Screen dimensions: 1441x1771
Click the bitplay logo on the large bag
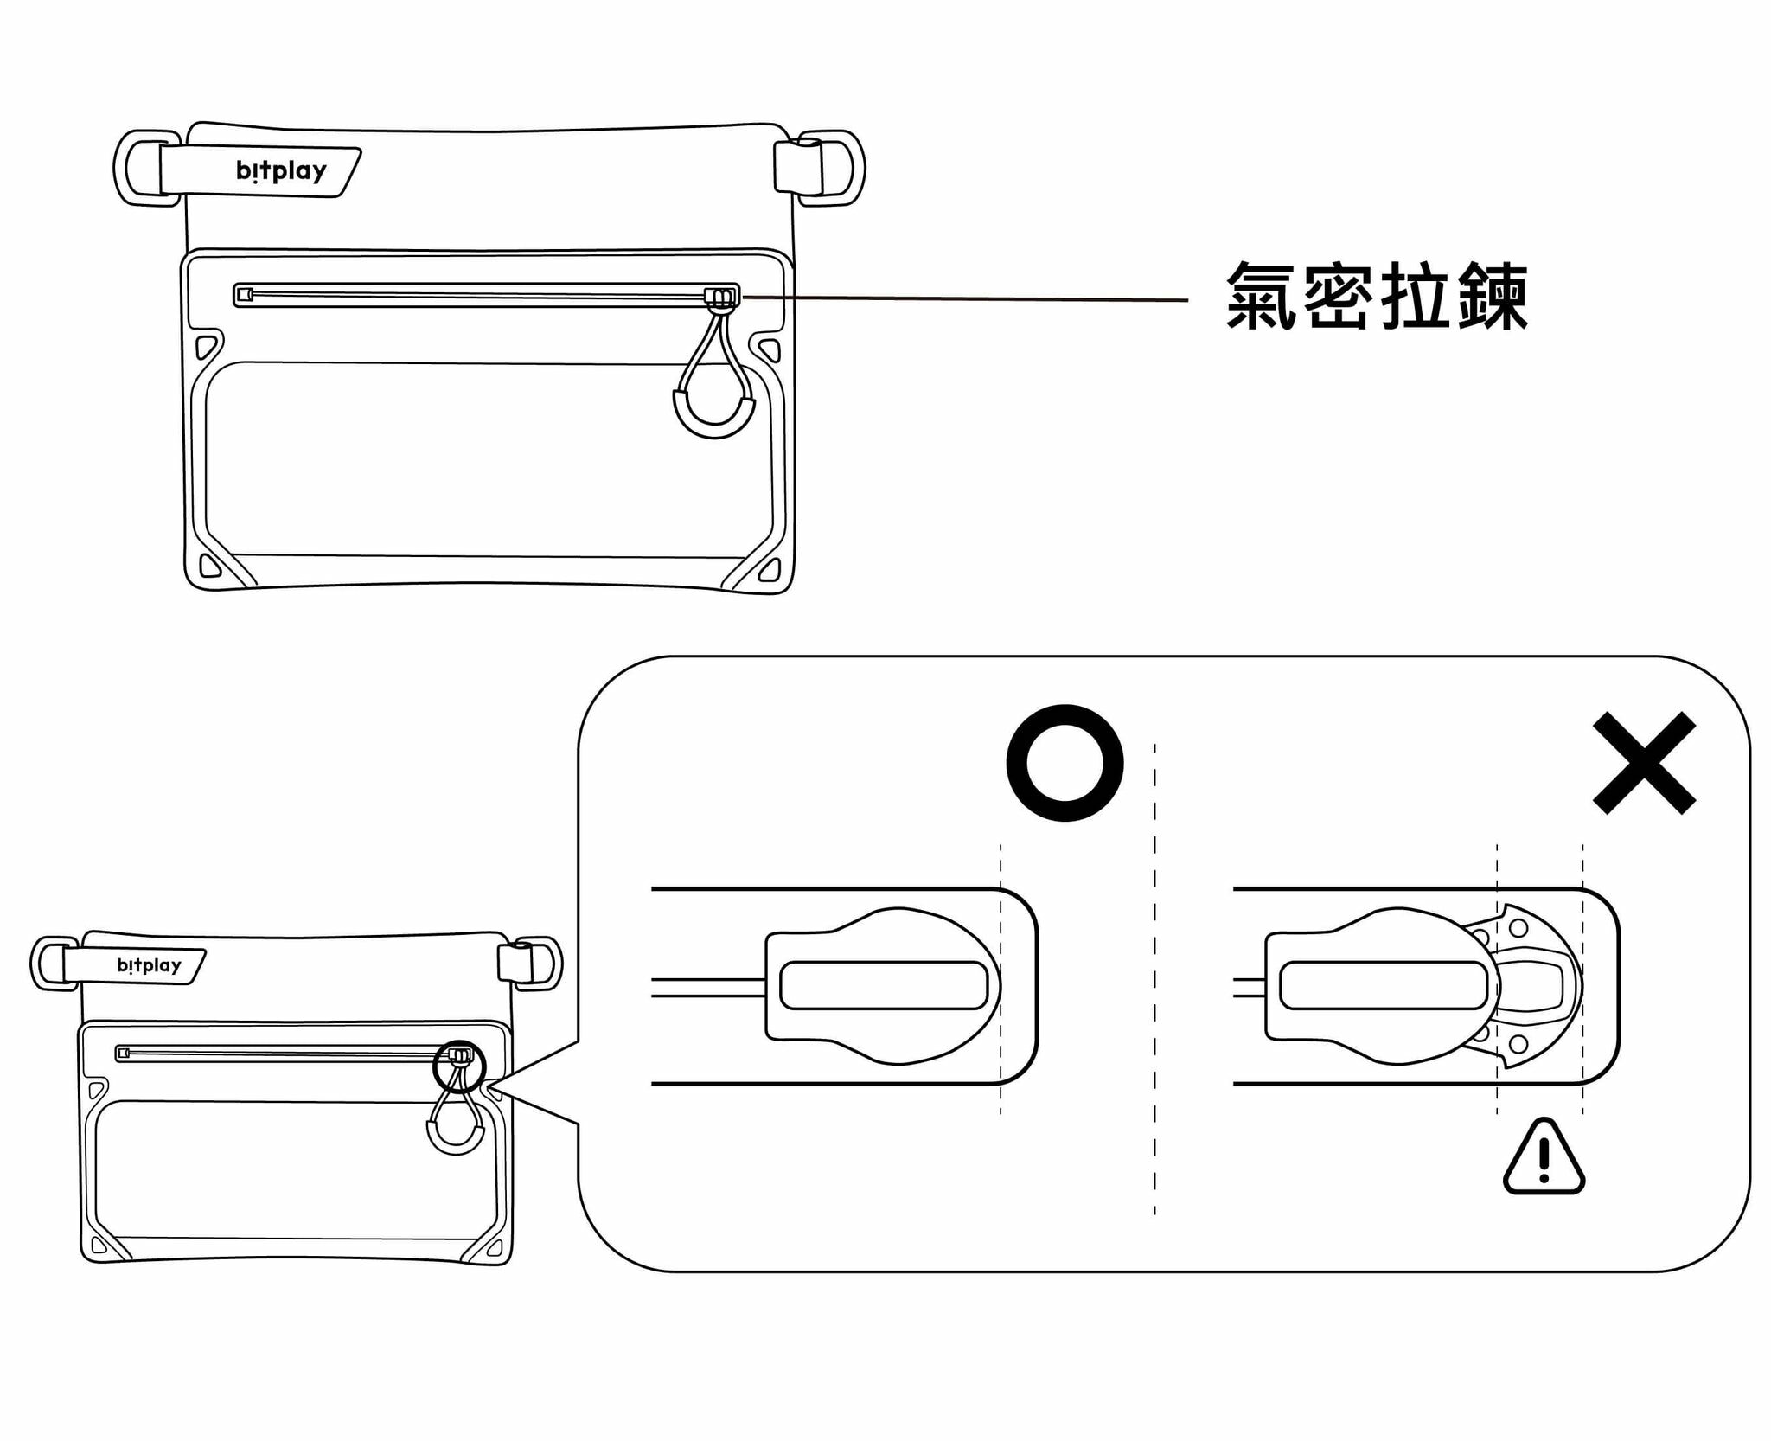pyautogui.click(x=281, y=170)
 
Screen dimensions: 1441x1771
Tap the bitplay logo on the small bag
pyautogui.click(x=149, y=965)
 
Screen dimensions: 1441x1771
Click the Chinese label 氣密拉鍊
pyautogui.click(x=1377, y=297)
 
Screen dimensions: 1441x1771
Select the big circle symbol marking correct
pyautogui.click(x=1065, y=763)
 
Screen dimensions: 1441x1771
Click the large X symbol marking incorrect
pyautogui.click(x=1644, y=763)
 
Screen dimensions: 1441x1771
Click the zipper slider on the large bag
pyautogui.click(x=721, y=298)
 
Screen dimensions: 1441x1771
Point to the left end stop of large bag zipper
pyautogui.click(x=245, y=295)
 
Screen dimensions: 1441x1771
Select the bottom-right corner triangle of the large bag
pyautogui.click(x=770, y=568)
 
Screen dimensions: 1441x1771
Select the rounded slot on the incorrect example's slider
pyautogui.click(x=1383, y=985)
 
